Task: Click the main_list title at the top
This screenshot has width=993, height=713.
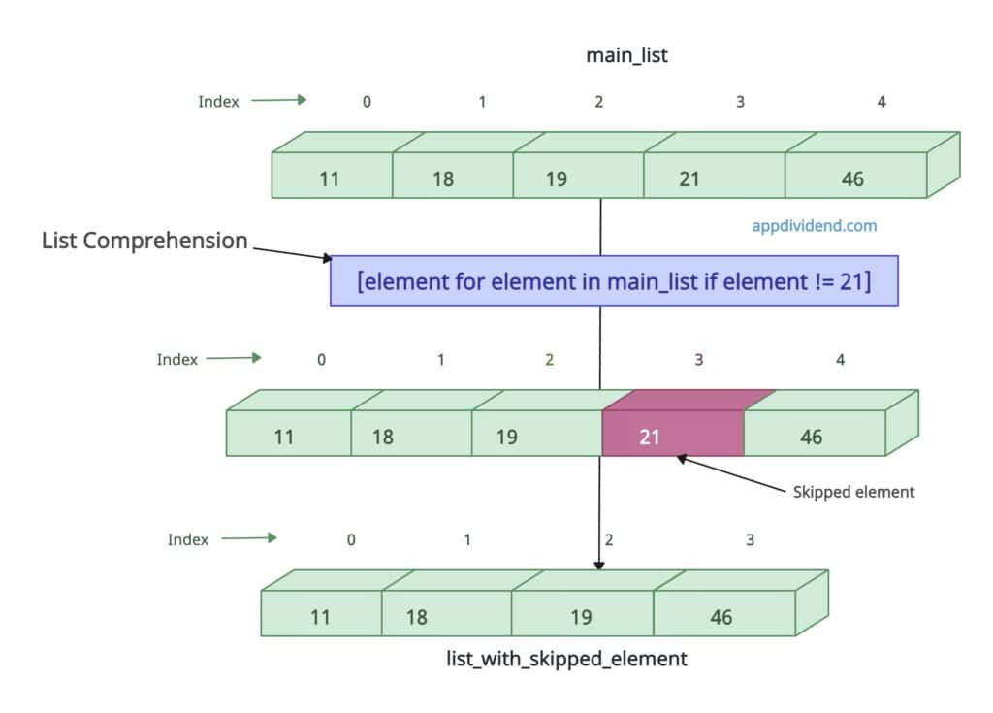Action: point(626,55)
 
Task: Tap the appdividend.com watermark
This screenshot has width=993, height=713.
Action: point(815,226)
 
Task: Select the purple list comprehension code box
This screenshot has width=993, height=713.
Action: point(614,281)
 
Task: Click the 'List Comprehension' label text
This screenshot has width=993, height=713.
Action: point(144,241)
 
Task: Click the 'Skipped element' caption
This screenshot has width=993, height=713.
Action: point(853,492)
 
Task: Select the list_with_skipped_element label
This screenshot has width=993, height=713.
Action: point(566,659)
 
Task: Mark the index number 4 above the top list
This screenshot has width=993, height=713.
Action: point(881,101)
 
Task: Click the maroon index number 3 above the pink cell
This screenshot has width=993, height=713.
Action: point(698,360)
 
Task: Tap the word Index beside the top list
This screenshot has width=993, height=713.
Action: point(218,102)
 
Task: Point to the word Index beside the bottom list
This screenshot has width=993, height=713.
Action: point(188,540)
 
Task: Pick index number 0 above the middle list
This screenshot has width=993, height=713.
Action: point(321,360)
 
